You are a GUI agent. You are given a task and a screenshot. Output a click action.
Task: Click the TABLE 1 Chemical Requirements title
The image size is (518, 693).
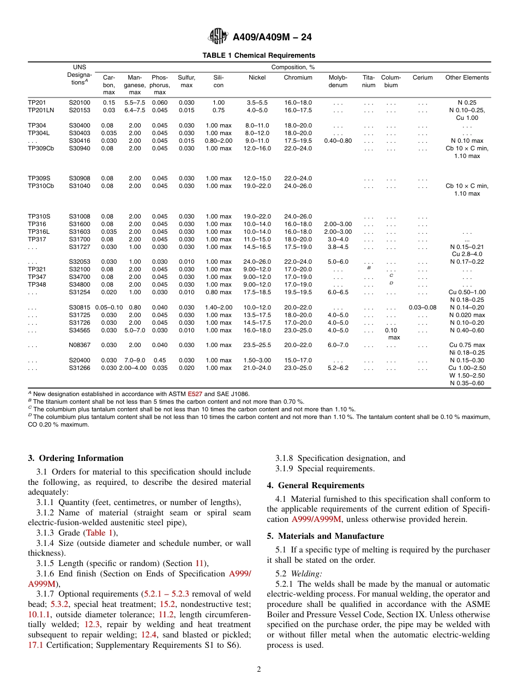[258, 56]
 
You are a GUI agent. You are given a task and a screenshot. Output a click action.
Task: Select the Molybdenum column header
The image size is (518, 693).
[338, 81]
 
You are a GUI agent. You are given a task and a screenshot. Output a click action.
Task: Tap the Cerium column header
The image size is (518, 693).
[422, 77]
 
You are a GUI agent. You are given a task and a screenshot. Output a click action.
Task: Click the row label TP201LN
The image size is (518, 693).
[41, 110]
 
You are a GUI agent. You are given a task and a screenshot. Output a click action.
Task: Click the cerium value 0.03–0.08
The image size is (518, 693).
[422, 307]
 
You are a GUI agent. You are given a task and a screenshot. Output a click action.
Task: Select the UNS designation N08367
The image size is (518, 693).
[79, 345]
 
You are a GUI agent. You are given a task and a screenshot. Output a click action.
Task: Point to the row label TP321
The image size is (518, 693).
[37, 269]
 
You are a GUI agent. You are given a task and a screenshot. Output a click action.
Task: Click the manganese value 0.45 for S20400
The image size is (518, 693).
[160, 360]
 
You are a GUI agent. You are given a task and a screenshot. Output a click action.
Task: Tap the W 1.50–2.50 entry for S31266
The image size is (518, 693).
[467, 375]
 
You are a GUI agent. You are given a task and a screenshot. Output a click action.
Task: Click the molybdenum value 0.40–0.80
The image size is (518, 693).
[338, 141]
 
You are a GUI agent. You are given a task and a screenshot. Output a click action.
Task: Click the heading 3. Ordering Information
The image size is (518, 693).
[76, 458]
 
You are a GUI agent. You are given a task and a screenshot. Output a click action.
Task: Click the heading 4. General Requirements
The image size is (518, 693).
[315, 485]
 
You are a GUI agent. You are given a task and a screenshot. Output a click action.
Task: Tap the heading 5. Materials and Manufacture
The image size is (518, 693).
[325, 536]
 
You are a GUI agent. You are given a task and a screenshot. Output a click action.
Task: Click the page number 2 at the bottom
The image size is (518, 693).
[259, 670]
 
